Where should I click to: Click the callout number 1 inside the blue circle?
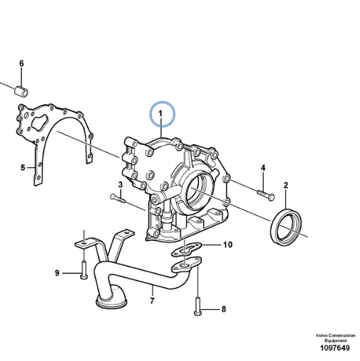point(160,114)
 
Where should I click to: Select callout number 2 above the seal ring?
point(286,186)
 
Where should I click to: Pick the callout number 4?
point(263,168)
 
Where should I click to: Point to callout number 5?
point(23,167)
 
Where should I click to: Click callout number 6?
point(21,64)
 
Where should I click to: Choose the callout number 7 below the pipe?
point(152,301)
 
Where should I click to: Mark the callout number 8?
point(224,309)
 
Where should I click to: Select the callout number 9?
point(57,273)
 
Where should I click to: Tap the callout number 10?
point(228,244)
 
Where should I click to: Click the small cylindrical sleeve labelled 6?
point(21,90)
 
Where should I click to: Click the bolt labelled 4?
point(266,195)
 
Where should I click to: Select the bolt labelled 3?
point(118,198)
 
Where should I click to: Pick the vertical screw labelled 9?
point(84,270)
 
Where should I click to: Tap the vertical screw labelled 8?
point(198,306)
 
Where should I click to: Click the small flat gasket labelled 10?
point(187,249)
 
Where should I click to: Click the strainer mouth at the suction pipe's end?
point(111,302)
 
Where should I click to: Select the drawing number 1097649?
point(334,348)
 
